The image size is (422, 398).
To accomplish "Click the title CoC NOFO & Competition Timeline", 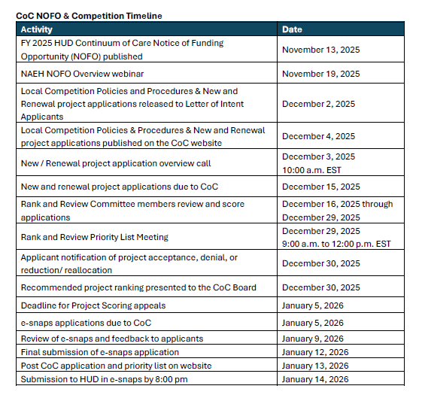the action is [x=90, y=15].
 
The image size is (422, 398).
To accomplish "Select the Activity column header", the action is [x=37, y=29].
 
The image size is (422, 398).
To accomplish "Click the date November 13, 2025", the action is [x=320, y=50].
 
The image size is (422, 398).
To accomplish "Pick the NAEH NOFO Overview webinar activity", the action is [x=82, y=74].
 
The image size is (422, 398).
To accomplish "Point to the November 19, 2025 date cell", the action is [x=320, y=74].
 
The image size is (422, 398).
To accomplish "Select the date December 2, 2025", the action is [x=318, y=104].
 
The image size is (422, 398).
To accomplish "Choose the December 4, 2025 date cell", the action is [x=318, y=136].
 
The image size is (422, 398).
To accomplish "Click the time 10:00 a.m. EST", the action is [x=313, y=169].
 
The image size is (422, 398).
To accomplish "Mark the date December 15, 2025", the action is [x=320, y=187].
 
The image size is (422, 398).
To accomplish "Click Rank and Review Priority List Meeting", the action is [x=95, y=237].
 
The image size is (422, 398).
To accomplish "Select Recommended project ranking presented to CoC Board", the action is [x=138, y=287].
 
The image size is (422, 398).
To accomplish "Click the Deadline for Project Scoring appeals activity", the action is [x=93, y=305].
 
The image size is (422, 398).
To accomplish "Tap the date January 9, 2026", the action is [x=313, y=339].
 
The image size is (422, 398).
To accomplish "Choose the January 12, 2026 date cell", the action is [x=315, y=352].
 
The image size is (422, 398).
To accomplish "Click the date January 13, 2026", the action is [x=315, y=366].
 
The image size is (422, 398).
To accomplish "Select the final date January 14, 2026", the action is [x=315, y=379].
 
